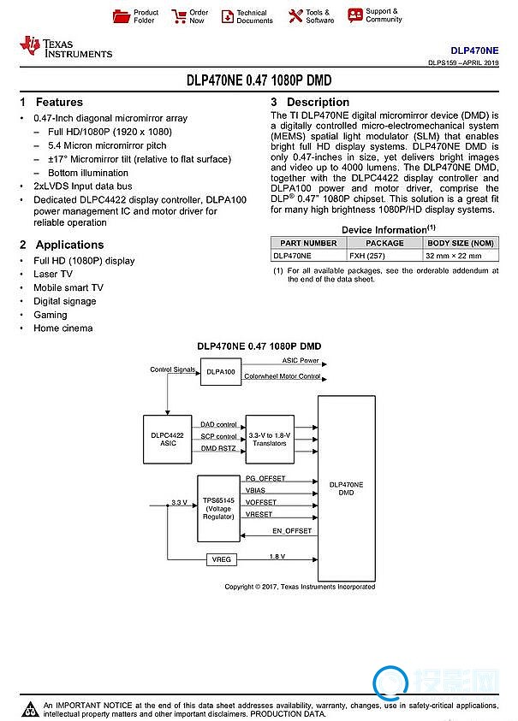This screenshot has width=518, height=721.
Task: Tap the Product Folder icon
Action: [x=122, y=16]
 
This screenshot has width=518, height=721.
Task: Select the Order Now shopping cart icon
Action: [x=179, y=16]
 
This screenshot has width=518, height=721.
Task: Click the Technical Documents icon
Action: [x=228, y=16]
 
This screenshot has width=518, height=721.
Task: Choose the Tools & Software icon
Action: [x=295, y=16]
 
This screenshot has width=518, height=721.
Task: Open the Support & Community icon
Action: [x=354, y=15]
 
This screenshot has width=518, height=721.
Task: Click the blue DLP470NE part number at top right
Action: [x=474, y=51]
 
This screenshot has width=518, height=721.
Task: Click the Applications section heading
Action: [x=61, y=245]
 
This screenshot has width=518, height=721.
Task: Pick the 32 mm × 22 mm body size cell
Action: [x=461, y=255]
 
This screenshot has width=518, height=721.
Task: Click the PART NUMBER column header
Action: [x=308, y=243]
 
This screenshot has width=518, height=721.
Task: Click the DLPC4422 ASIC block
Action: [x=167, y=440]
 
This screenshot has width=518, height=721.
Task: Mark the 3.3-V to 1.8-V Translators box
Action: [x=269, y=440]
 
